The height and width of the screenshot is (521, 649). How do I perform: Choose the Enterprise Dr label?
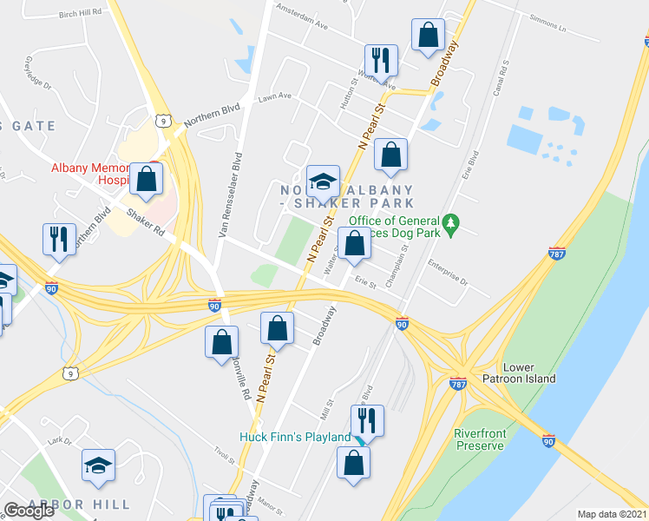[x=447, y=274]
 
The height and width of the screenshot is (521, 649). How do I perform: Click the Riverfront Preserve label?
[x=479, y=439]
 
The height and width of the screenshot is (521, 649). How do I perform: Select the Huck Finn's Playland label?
[x=295, y=437]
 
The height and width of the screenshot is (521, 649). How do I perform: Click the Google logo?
[x=29, y=510]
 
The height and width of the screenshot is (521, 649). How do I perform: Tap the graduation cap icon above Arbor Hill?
[x=98, y=465]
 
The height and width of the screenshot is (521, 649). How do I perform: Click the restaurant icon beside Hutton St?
[x=381, y=61]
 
